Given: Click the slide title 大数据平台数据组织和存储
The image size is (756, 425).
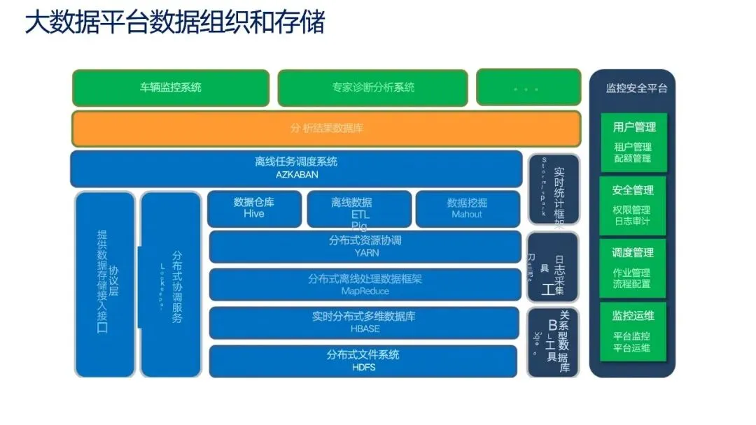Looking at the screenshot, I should click(175, 24).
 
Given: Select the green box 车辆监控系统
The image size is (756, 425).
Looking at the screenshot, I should click(171, 87).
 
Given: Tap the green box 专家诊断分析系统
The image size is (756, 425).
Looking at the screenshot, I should click(373, 87).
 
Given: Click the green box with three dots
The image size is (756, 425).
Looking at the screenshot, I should click(528, 87).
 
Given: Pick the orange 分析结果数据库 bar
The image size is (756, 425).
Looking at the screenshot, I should click(326, 129).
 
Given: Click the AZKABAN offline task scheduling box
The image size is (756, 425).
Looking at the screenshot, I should click(296, 168).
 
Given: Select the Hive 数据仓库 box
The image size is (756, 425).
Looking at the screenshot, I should click(253, 208).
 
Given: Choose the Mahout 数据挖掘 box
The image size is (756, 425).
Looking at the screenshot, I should click(468, 208).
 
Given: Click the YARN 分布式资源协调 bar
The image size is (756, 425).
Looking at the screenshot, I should click(365, 247).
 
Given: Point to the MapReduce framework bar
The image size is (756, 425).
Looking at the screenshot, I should click(365, 284).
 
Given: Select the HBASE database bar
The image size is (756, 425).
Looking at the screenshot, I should click(365, 322).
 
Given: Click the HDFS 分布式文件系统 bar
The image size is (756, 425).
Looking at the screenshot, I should click(365, 361).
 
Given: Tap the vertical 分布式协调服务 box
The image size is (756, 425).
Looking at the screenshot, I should click(171, 285).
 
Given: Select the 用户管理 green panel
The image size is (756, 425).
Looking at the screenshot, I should click(633, 142).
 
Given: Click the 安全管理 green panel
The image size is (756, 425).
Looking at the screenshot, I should click(633, 204).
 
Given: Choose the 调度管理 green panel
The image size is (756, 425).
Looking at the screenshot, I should click(633, 267).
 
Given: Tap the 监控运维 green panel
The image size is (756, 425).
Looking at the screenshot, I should click(633, 331).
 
